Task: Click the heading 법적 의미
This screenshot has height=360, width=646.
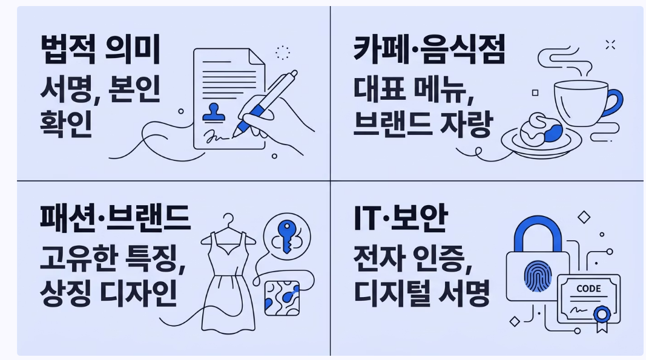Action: (x=101, y=50)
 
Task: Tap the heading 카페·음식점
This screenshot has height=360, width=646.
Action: (x=429, y=50)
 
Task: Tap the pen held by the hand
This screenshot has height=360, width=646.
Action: (x=266, y=100)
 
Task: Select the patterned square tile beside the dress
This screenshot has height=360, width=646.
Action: (x=283, y=297)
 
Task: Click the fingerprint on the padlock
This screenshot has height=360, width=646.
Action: (x=537, y=276)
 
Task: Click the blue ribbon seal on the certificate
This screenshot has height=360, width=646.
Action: (x=601, y=314)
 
